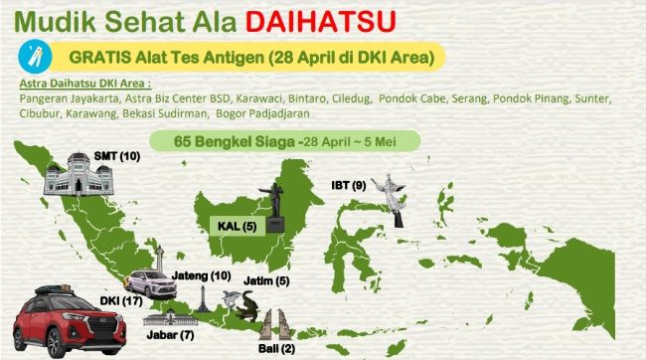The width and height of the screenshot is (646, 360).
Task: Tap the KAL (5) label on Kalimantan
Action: point(238,226)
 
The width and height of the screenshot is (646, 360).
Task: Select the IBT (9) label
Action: point(349,185)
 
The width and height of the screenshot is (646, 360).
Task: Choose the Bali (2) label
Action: point(283,349)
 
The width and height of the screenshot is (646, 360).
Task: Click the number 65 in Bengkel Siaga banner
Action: point(183,141)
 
